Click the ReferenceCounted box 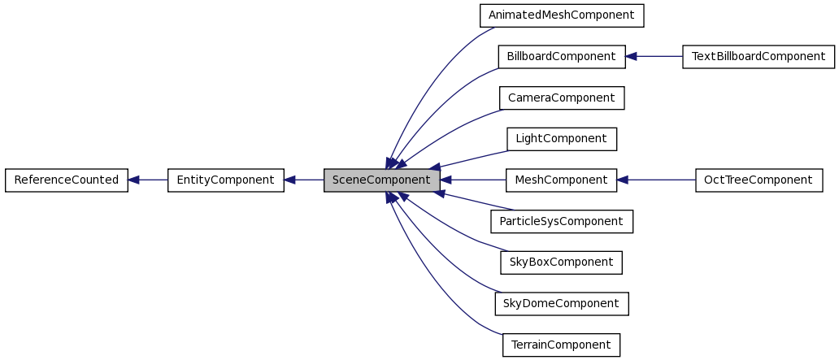pos(67,180)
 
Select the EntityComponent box pos(225,180)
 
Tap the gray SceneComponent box pos(381,180)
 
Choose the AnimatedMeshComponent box pos(561,15)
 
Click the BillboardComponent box pos(561,57)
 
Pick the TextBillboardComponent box pos(758,57)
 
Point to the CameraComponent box pos(561,98)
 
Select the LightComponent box pos(561,139)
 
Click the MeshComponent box pos(561,180)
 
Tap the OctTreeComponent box pos(759,180)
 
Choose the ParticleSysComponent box pos(561,221)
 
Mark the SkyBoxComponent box pos(561,262)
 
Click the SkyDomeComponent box pos(561,303)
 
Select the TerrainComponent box pos(561,345)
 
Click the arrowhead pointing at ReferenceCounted pos(134,180)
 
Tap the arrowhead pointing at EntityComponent pos(290,180)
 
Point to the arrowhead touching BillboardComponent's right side pos(632,57)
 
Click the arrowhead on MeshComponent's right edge pos(623,180)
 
